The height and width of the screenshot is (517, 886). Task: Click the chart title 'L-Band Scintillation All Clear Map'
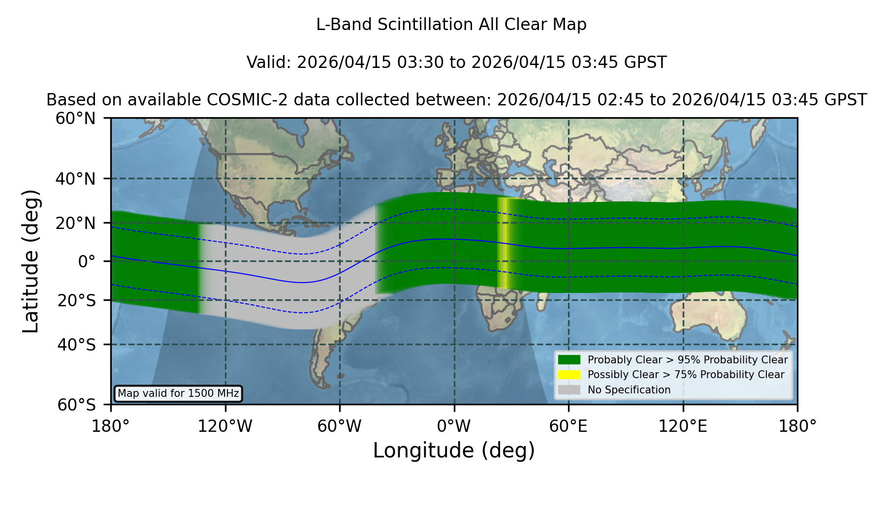tap(451, 25)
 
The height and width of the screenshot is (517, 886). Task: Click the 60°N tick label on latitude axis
tap(76, 119)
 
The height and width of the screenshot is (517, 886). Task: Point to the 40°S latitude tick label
tap(77, 345)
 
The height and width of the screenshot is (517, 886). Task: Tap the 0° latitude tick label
tap(87, 261)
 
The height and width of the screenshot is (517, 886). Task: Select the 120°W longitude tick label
tap(225, 426)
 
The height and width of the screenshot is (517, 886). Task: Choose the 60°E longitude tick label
tap(569, 426)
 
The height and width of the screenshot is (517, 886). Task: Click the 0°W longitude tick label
tap(454, 426)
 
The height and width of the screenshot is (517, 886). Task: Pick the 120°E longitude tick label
tap(683, 426)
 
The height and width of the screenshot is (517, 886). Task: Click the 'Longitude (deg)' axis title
tap(454, 451)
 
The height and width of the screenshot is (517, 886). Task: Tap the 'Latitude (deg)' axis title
tap(31, 261)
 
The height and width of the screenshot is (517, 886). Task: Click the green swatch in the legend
tap(570, 360)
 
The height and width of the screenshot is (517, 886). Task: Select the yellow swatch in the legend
tap(570, 375)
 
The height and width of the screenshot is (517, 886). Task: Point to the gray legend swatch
tap(570, 390)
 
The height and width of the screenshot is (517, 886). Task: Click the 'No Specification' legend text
tap(629, 390)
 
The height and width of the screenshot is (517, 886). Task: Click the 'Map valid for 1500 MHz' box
tap(178, 393)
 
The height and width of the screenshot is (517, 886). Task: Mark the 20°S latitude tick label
tap(77, 300)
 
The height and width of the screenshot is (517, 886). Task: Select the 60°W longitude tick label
tap(340, 426)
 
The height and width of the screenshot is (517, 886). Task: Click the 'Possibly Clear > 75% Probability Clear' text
tap(686, 375)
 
